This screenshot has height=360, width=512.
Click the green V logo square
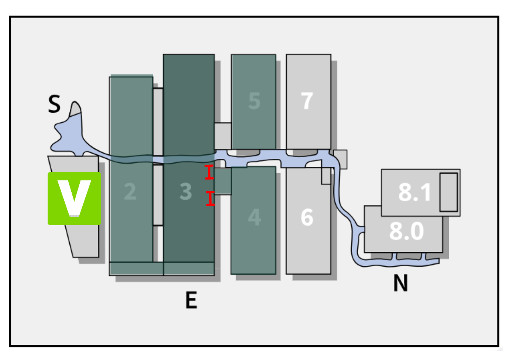coord(74,198)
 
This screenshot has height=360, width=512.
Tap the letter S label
coord(54,104)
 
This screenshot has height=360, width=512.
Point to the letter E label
coord(191,300)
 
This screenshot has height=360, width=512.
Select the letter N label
coord(401,283)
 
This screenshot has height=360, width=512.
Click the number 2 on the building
coord(130,192)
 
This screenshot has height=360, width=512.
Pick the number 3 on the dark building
coord(186,192)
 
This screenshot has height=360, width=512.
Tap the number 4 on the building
coord(254,217)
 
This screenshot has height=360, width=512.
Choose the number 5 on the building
coord(254,101)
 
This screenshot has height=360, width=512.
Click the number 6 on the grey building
coord(307,217)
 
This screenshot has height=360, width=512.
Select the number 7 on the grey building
coord(307,101)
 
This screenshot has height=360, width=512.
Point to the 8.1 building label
coord(414,192)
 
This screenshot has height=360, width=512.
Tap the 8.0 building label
coord(406,231)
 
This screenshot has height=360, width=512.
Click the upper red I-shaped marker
coord(209,172)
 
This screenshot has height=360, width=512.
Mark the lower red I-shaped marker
coord(210,198)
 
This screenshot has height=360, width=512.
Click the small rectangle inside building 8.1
coord(449,192)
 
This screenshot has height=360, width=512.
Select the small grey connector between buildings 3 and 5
coord(223,136)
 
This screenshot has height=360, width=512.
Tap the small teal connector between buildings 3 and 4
coord(223,181)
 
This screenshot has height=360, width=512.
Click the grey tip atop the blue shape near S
coord(76,108)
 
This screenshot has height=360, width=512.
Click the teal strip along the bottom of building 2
coord(136,268)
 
